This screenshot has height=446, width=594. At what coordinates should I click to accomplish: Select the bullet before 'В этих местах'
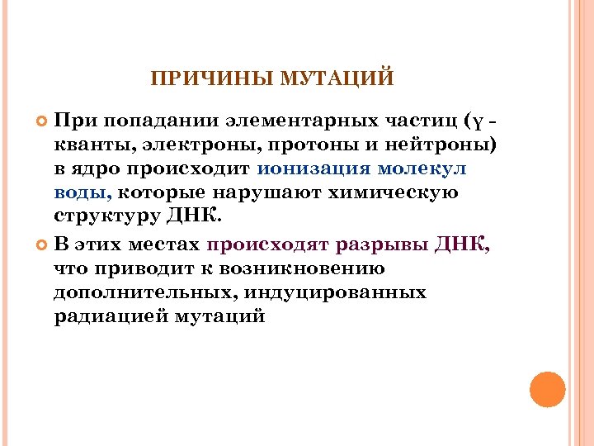tap(43, 244)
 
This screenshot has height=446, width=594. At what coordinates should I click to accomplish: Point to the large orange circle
tap(548, 389)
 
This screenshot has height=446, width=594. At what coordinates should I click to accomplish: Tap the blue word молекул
tap(422, 169)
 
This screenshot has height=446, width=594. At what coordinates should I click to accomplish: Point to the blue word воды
tap(80, 194)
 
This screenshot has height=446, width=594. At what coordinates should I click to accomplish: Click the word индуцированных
tap(340, 292)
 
